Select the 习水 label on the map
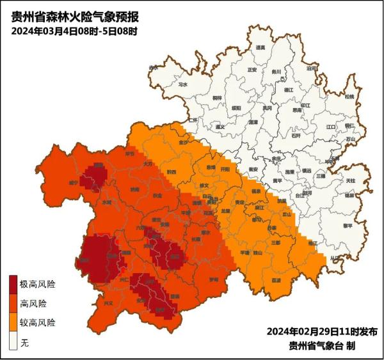tap(183, 84)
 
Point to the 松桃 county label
tap(349, 97)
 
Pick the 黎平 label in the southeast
tap(348, 226)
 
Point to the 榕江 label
tap(312, 244)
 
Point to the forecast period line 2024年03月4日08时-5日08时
tap(74, 31)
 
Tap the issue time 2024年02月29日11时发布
tap(323, 332)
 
